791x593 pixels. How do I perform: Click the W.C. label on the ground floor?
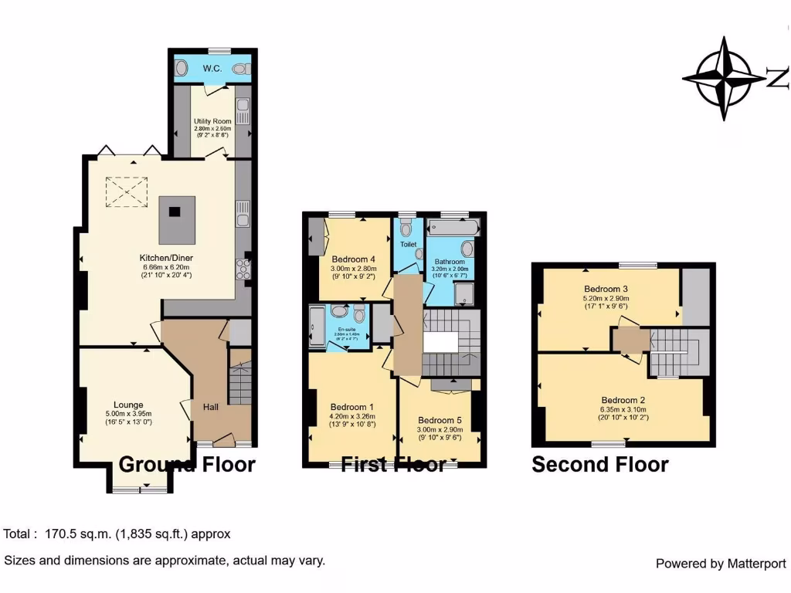tap(212, 69)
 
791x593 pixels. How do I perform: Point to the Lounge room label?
tap(129, 404)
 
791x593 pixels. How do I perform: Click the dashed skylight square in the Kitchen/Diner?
tap(125, 191)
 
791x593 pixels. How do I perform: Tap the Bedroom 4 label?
tap(353, 259)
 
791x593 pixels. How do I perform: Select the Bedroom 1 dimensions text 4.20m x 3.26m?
tap(352, 417)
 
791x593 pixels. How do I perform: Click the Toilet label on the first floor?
tap(408, 244)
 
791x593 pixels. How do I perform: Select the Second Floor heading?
tap(599, 465)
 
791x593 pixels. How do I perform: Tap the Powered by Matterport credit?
tap(720, 564)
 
